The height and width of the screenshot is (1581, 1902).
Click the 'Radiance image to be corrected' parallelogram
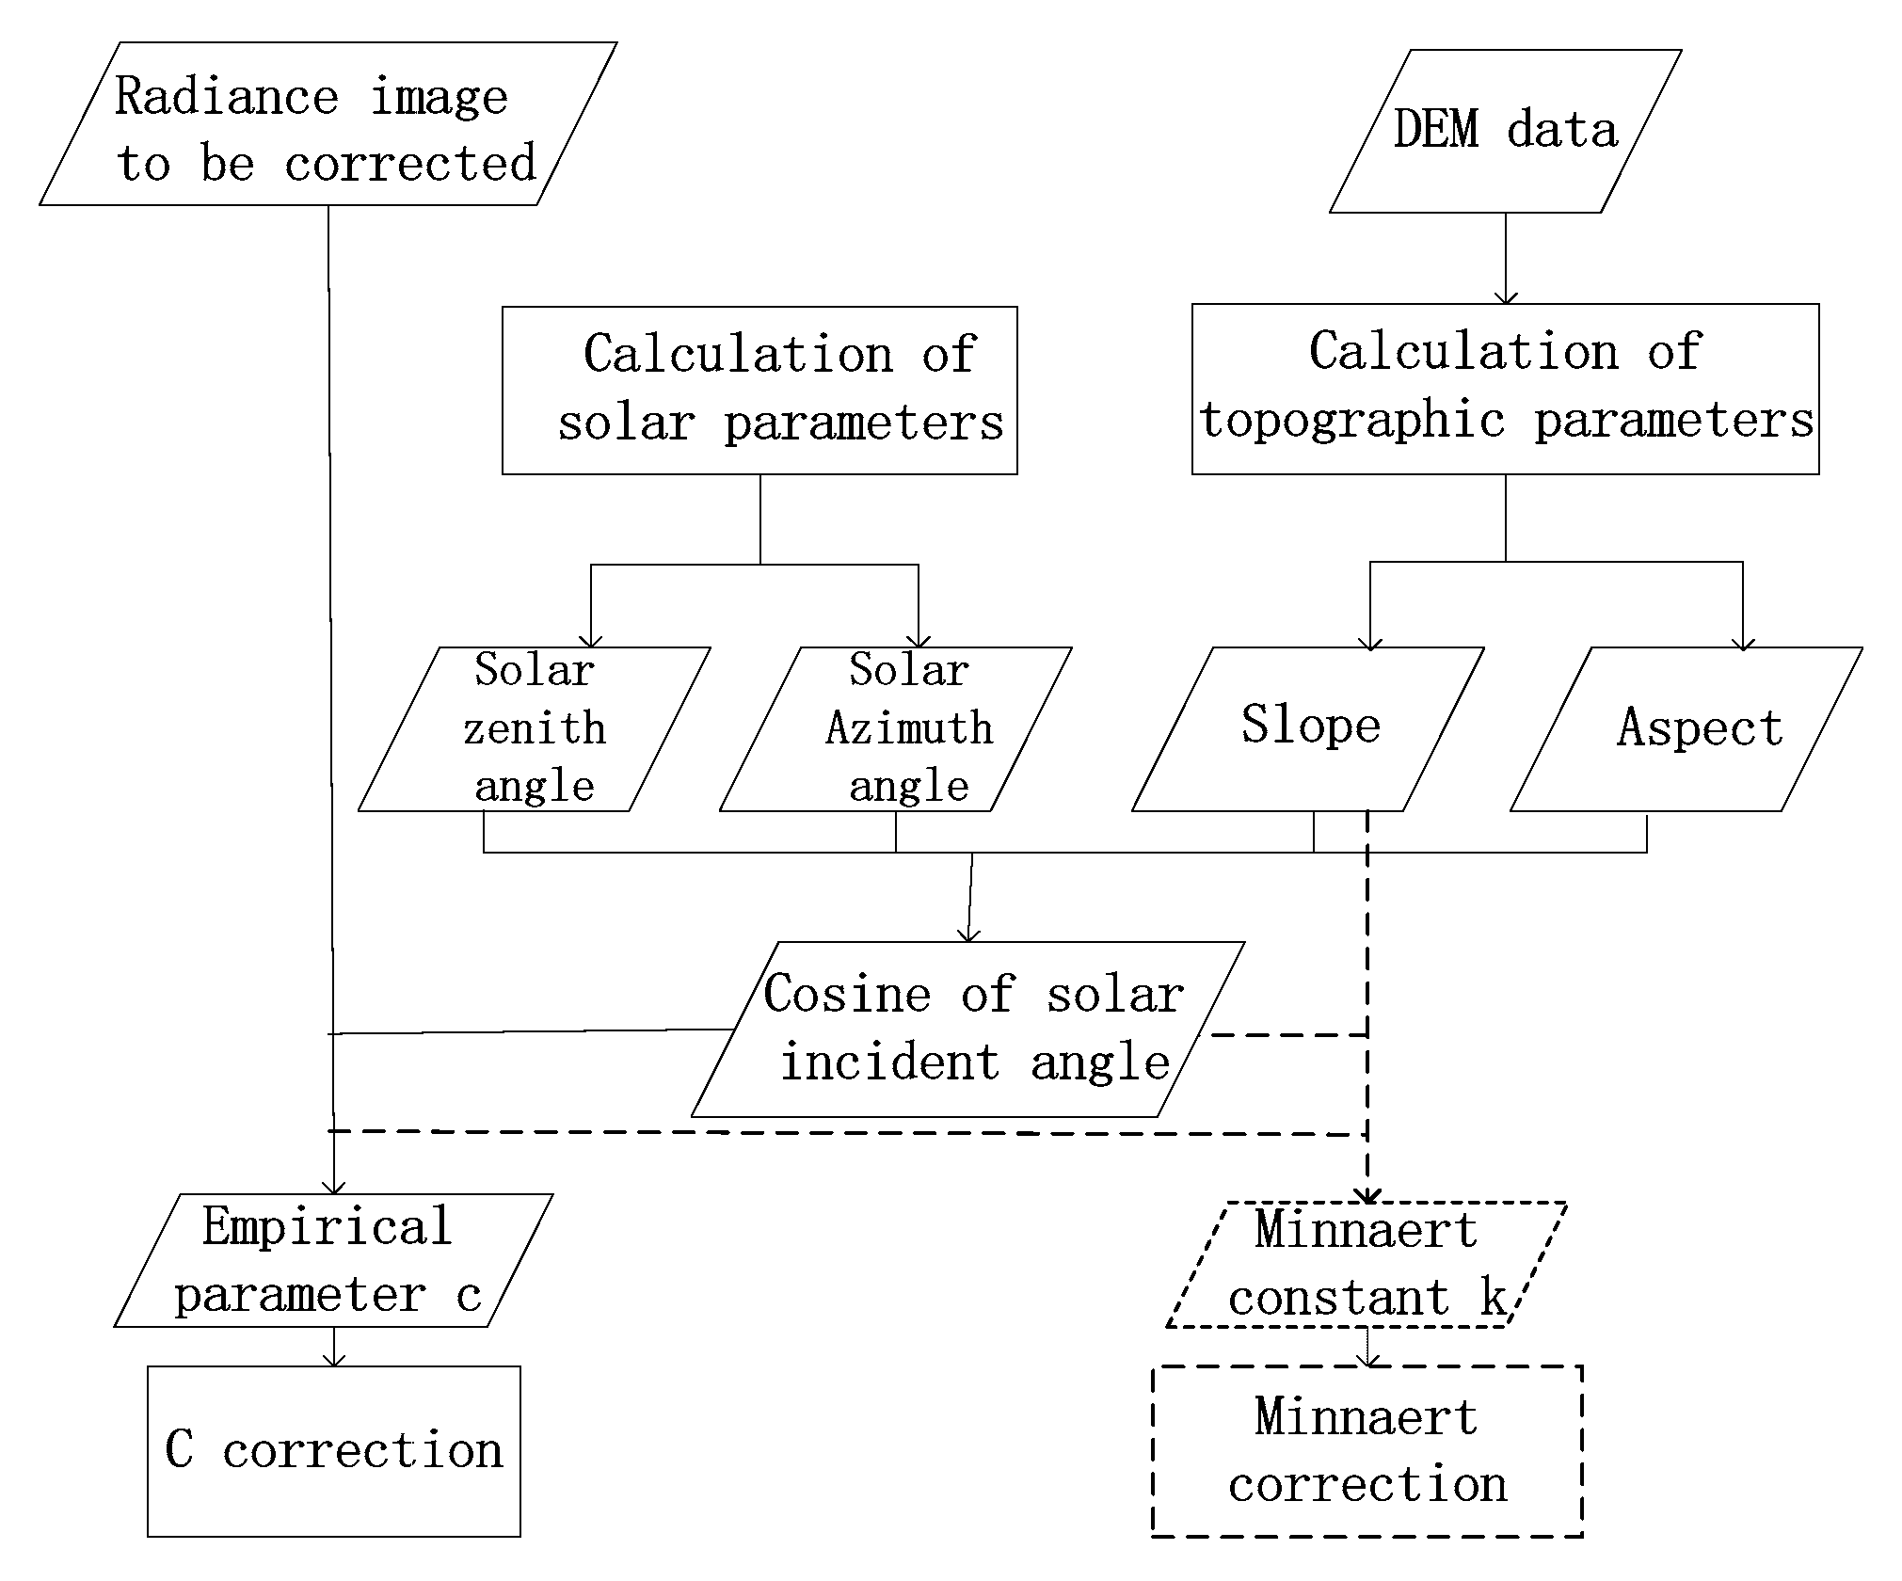[328, 124]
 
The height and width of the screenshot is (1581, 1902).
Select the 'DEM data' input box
[1505, 132]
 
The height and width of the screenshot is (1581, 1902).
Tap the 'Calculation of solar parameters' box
[759, 391]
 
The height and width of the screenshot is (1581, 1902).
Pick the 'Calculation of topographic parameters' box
[1505, 389]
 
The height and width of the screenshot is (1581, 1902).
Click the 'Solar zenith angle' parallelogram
[534, 729]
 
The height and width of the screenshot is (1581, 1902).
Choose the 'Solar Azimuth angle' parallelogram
[896, 729]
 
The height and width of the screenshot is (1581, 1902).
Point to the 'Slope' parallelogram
[1308, 729]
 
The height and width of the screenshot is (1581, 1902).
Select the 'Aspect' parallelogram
[1686, 729]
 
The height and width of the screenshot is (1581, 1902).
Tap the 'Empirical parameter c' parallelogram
[333, 1261]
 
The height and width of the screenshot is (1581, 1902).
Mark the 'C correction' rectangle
[334, 1451]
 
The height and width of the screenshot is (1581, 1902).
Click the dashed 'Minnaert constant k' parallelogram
[1367, 1265]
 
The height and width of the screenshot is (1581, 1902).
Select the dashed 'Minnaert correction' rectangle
[1367, 1451]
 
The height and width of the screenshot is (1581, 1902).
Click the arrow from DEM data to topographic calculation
[1506, 259]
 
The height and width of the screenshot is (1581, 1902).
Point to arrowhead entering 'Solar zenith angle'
[591, 640]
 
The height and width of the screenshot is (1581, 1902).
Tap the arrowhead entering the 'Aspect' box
[1743, 643]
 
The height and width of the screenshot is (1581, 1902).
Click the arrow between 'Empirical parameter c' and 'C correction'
[334, 1348]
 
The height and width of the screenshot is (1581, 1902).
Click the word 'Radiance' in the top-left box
[226, 96]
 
